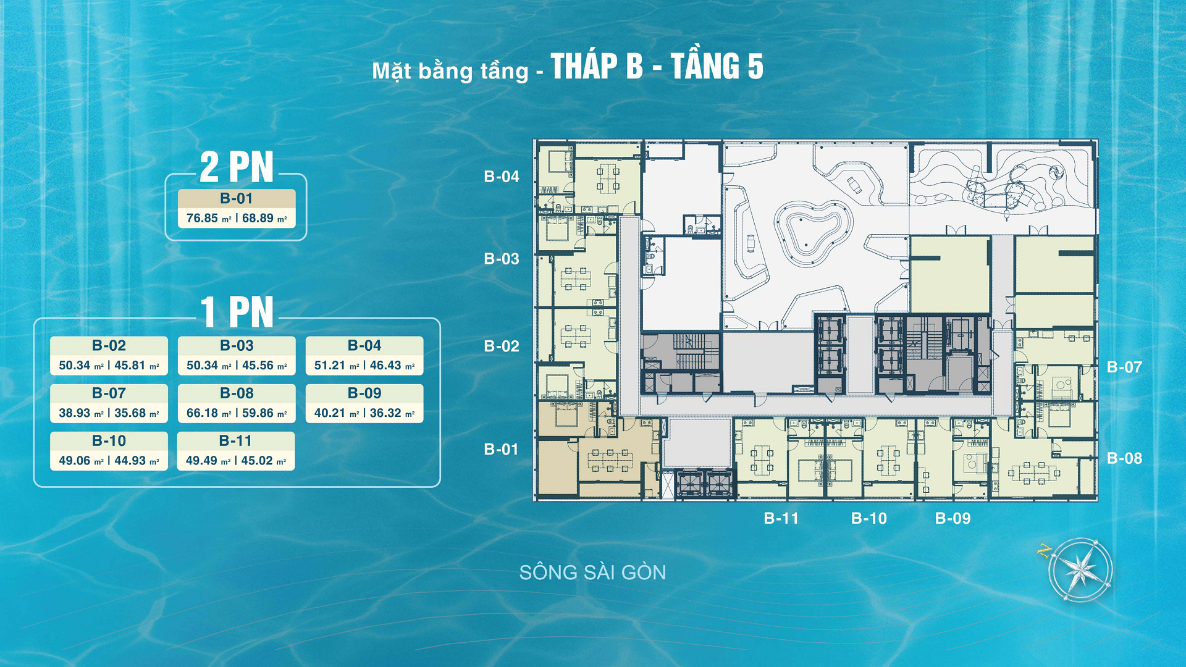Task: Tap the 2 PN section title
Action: click(x=236, y=167)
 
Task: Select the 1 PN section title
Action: click(x=237, y=312)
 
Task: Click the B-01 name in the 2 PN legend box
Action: click(x=237, y=198)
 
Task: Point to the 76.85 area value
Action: click(x=203, y=218)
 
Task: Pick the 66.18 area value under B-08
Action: click(x=203, y=413)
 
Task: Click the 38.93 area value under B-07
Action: click(x=75, y=413)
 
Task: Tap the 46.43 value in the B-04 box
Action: click(x=385, y=365)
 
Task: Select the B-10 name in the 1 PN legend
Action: click(x=109, y=440)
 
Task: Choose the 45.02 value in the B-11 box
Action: click(x=257, y=460)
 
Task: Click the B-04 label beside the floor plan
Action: click(x=502, y=177)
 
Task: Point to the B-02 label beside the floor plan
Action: click(x=502, y=346)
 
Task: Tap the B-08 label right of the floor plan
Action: click(x=1124, y=458)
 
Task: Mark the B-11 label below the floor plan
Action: click(x=781, y=518)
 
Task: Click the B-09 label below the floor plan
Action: click(x=953, y=518)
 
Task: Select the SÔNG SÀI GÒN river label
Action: click(x=592, y=573)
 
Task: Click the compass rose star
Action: click(x=1080, y=569)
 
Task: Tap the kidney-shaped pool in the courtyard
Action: click(x=813, y=233)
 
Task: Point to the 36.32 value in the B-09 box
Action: click(x=385, y=413)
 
